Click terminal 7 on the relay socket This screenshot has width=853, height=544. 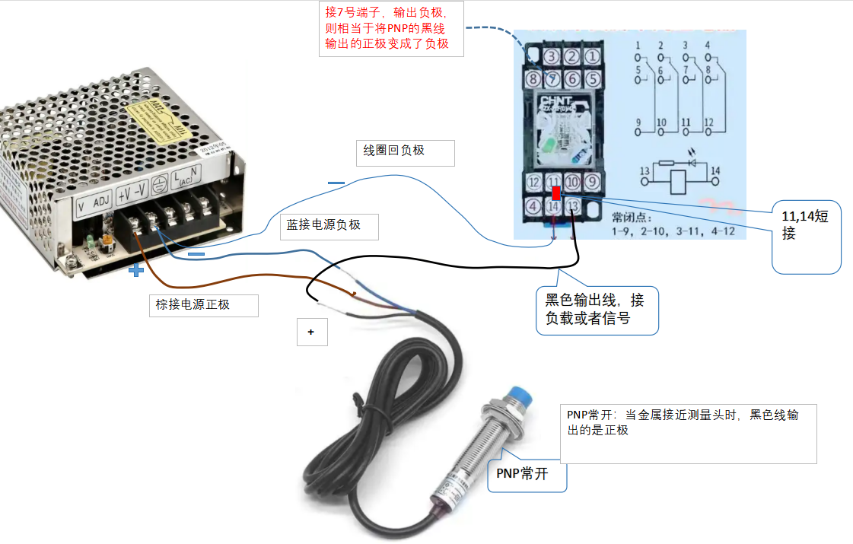click(552, 78)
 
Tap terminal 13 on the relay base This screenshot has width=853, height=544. click(573, 205)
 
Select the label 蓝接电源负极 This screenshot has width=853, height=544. click(331, 226)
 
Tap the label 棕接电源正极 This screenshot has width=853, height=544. click(204, 305)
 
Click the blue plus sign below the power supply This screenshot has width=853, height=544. click(135, 269)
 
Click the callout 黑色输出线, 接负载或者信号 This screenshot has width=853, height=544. click(597, 310)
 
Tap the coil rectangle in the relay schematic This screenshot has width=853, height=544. click(680, 183)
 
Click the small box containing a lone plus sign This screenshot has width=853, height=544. click(312, 332)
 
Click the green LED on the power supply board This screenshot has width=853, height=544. click(91, 242)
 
